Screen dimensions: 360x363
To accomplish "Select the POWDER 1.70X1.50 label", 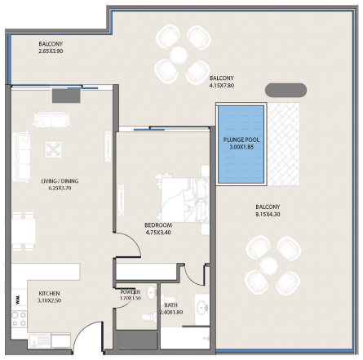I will coord(131,295).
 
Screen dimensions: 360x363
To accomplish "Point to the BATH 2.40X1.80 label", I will coord(171,309).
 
